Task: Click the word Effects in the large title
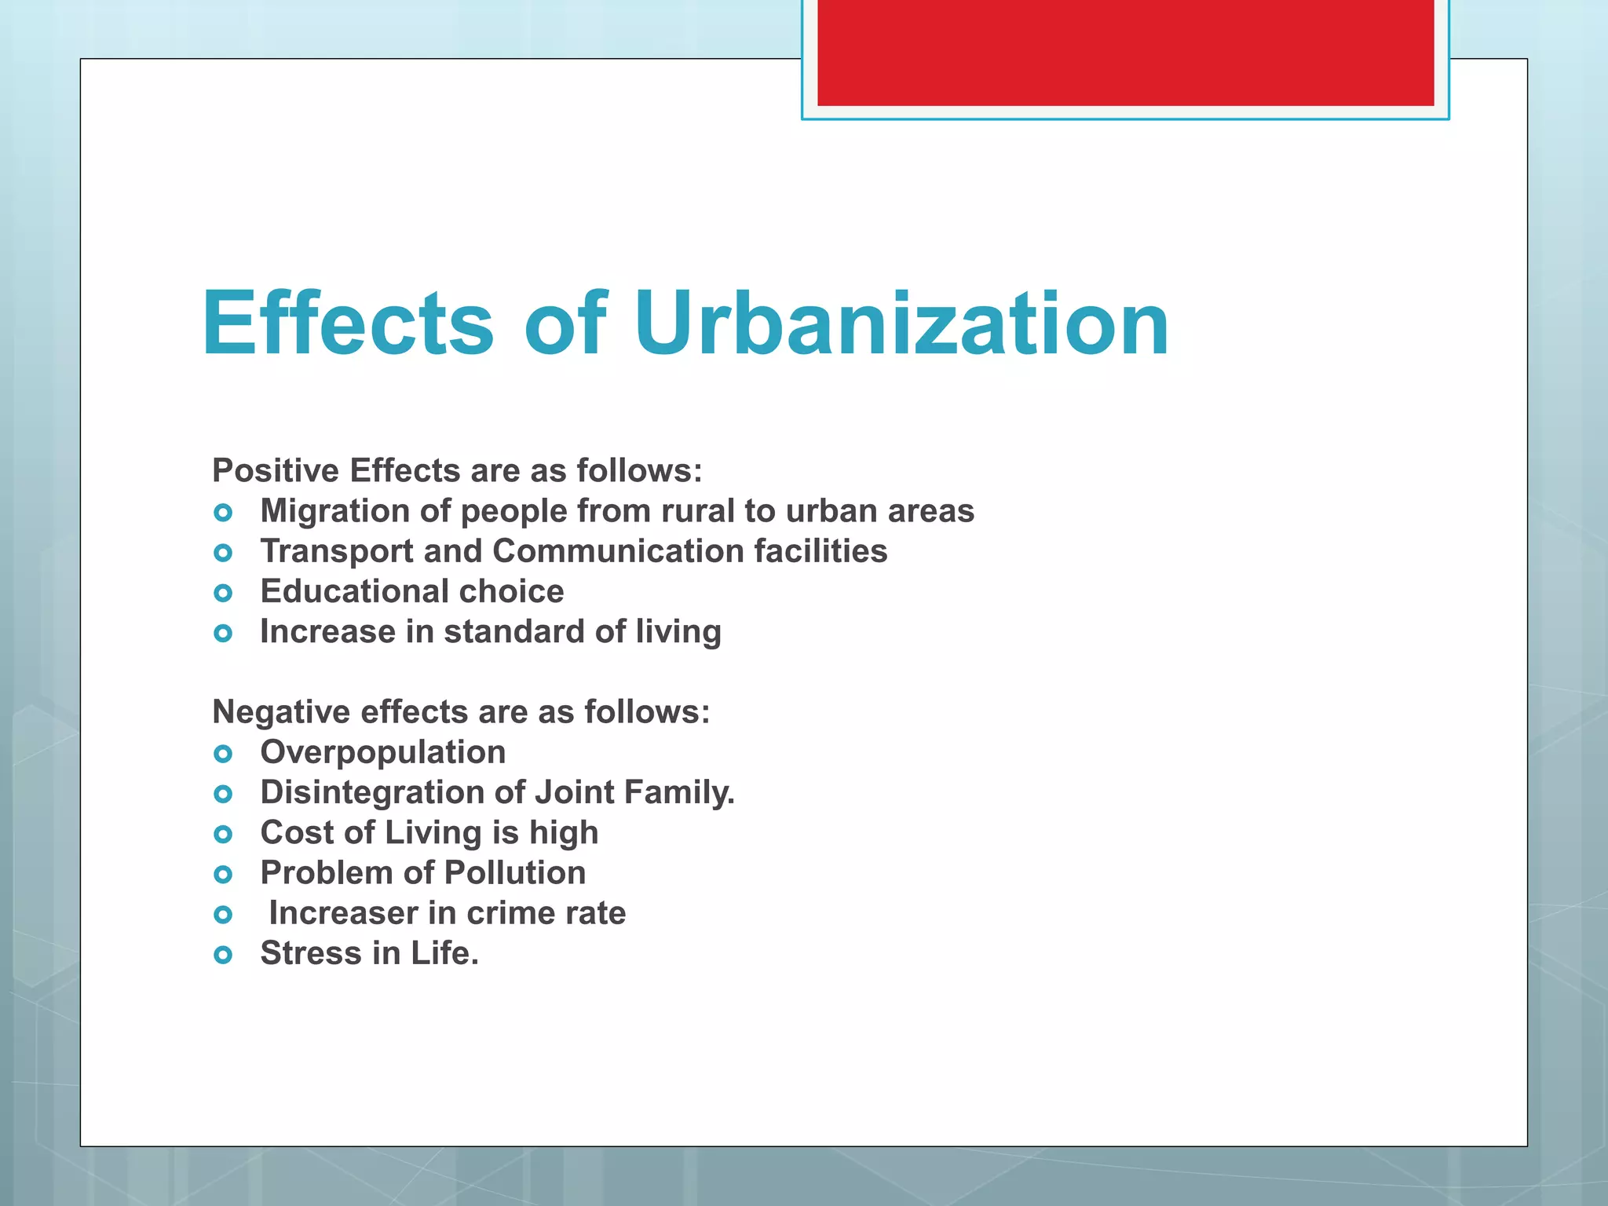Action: pyautogui.click(x=348, y=323)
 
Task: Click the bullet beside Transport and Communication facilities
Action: pyautogui.click(x=223, y=553)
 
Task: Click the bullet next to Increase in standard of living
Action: pyautogui.click(x=223, y=633)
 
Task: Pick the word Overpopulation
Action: pyautogui.click(x=383, y=753)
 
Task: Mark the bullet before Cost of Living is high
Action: pyautogui.click(x=223, y=834)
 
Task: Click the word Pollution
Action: pyautogui.click(x=515, y=873)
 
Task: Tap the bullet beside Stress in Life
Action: pyautogui.click(x=223, y=955)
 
